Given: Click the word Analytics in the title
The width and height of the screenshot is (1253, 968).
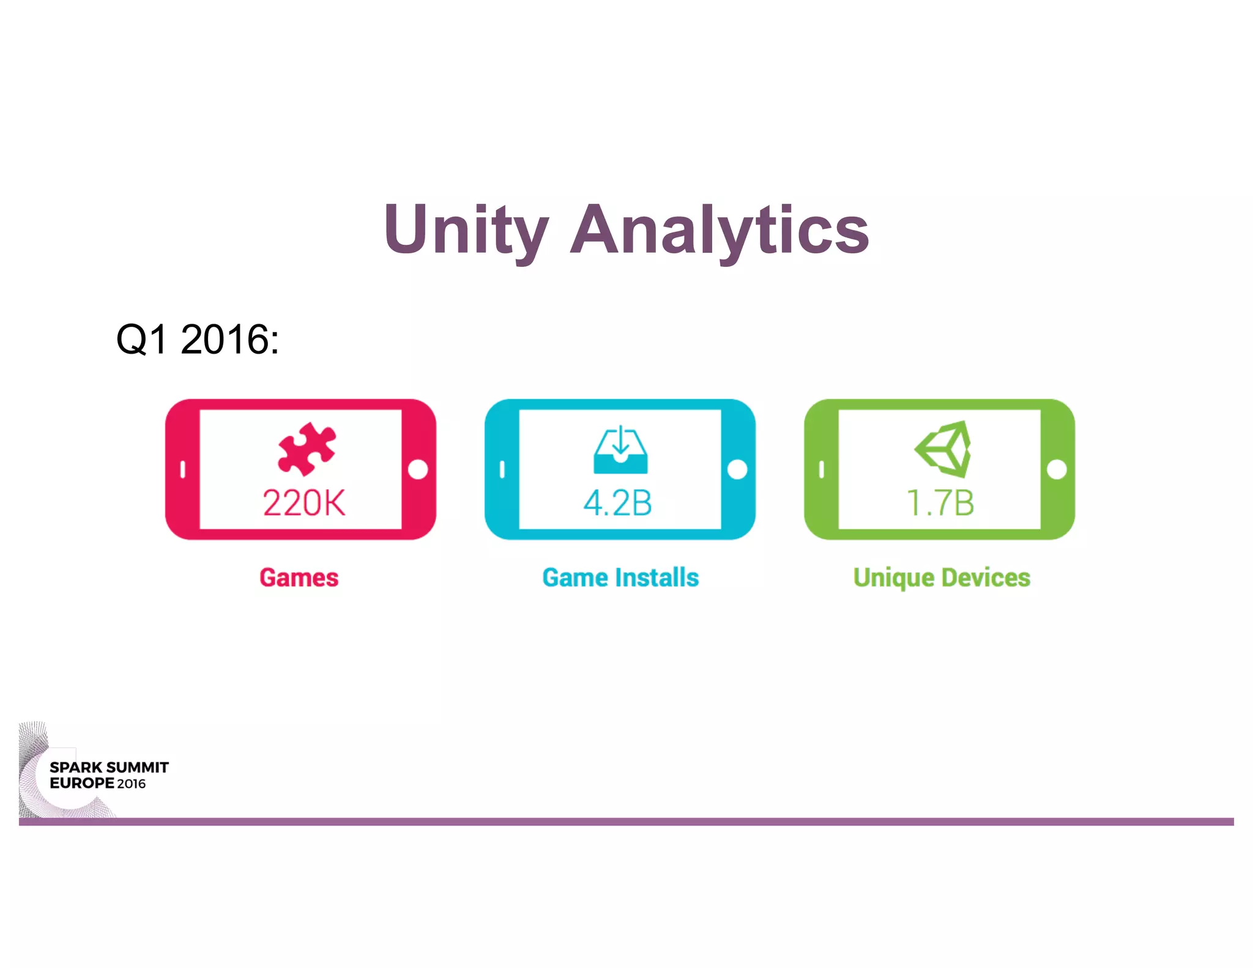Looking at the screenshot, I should click(719, 231).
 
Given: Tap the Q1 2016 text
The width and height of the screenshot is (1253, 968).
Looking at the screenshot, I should click(197, 339).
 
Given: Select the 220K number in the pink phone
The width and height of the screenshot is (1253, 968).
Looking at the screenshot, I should click(304, 503).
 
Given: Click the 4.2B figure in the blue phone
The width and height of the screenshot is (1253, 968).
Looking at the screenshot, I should click(618, 503).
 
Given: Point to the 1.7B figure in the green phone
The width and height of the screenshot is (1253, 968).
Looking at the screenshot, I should click(940, 503).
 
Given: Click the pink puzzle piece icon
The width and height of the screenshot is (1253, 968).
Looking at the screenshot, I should click(307, 449).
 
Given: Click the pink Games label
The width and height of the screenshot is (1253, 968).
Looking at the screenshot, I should click(299, 578).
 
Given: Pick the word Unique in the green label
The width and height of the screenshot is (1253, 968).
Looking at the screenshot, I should click(893, 578).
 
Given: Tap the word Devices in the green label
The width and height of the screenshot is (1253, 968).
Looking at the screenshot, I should click(986, 578).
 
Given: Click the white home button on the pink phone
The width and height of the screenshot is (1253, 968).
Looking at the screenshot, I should click(418, 469).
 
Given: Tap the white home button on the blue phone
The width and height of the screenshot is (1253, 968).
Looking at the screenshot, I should click(737, 469).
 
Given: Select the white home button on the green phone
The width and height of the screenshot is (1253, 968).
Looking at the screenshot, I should click(1057, 469).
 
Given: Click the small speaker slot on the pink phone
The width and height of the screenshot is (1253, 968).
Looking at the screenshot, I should click(182, 469).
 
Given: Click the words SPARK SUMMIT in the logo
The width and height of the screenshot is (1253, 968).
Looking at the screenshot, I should click(109, 767).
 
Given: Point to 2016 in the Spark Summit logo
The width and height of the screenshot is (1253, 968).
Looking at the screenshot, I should click(132, 784).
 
